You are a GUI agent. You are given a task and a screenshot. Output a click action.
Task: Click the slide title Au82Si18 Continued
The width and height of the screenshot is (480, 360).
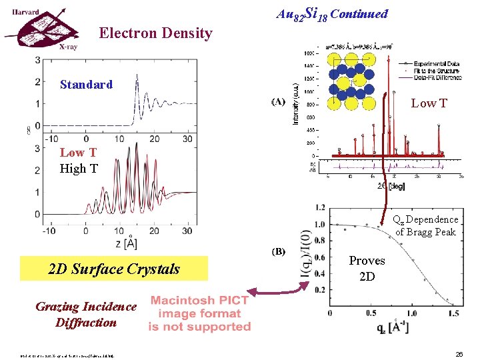(331, 13)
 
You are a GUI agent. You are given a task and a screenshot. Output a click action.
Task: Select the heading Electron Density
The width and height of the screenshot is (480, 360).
(155, 33)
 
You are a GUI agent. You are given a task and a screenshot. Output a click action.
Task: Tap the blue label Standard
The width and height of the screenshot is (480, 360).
(86, 85)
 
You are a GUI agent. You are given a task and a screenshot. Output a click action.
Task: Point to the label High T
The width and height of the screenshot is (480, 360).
(79, 169)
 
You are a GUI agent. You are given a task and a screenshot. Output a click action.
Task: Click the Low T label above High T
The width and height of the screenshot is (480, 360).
(78, 153)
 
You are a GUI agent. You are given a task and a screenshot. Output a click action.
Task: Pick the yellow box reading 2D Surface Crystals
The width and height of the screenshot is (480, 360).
(114, 269)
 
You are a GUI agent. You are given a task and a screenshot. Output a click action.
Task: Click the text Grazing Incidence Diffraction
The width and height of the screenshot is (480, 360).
(86, 315)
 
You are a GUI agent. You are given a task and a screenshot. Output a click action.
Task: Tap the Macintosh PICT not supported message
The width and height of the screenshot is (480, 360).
(199, 313)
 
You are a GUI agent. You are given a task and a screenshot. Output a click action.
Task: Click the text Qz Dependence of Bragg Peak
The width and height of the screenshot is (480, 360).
(426, 225)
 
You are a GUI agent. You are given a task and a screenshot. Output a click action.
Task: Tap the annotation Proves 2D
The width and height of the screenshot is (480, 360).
(367, 268)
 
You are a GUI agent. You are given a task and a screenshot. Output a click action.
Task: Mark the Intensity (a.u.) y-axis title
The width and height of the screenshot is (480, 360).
(295, 104)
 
